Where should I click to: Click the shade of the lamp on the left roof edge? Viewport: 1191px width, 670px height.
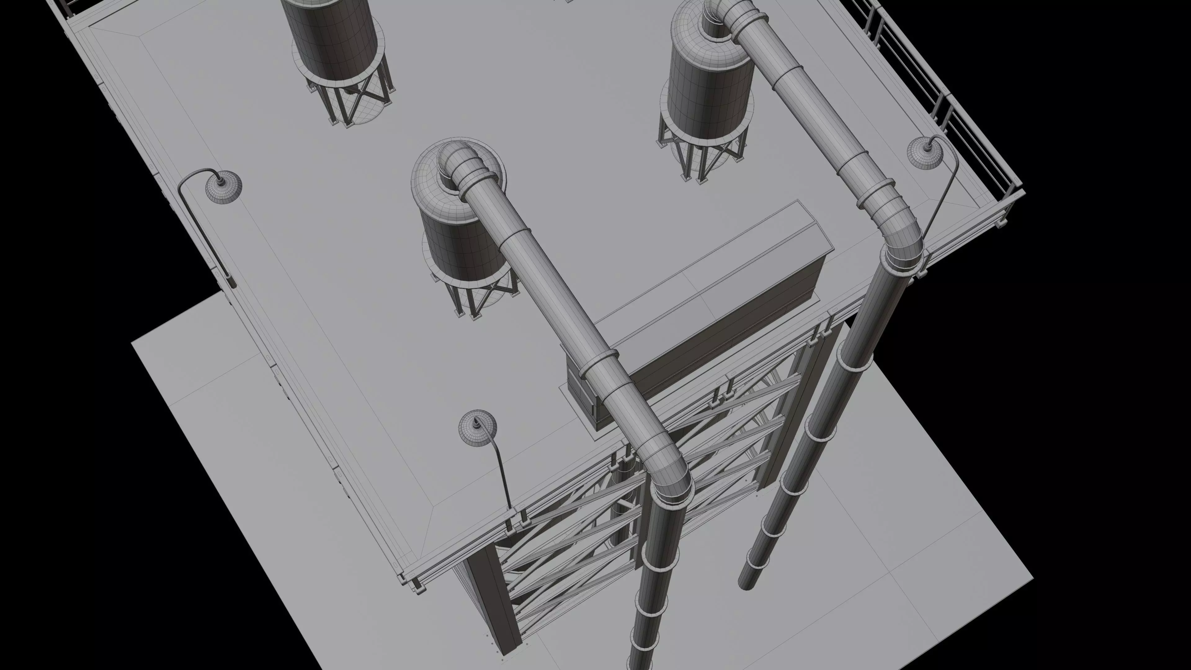223,187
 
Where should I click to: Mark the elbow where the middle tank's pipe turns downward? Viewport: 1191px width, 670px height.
666,467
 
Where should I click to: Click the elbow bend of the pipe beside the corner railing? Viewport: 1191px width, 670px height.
899,231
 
